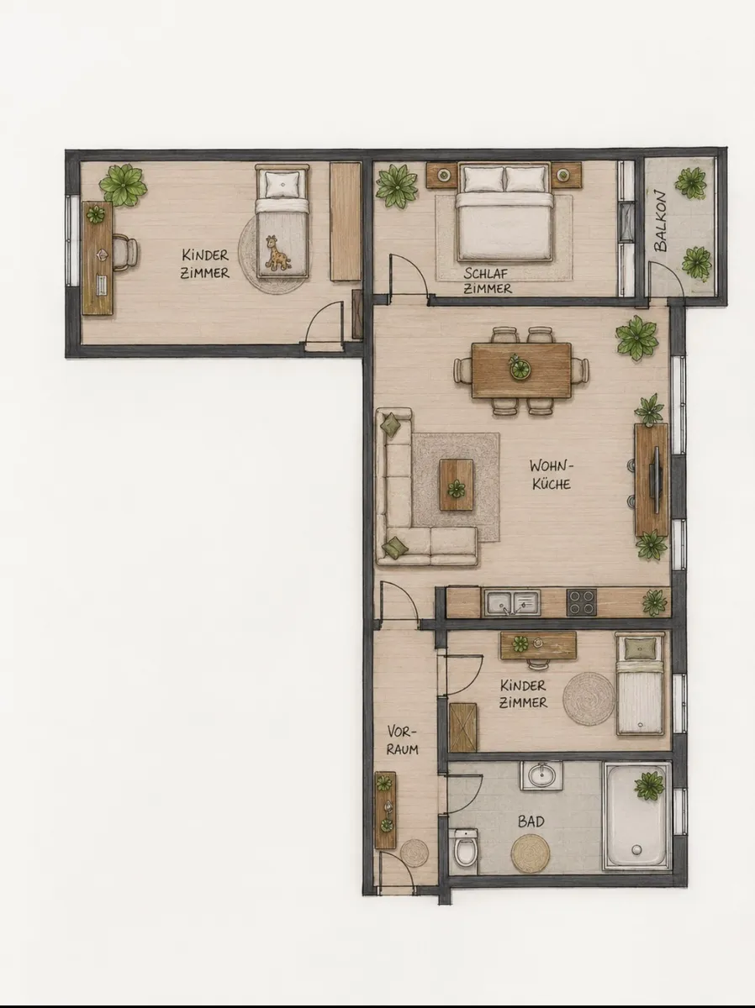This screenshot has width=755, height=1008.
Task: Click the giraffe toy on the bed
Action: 277,253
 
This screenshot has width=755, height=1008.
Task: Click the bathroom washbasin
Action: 541,775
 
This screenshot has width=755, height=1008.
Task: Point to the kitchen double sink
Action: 512,602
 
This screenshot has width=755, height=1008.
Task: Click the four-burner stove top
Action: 582,602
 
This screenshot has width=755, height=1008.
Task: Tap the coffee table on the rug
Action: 457,485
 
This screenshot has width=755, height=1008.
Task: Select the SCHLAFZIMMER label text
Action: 487,281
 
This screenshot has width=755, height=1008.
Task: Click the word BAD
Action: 531,822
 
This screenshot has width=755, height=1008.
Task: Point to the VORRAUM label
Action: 402,740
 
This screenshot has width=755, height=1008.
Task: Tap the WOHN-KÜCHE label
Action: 552,475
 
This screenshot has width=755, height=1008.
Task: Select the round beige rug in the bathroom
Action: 531,853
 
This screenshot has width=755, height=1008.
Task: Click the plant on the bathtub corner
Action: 649,786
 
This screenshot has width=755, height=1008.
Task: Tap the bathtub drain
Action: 636,849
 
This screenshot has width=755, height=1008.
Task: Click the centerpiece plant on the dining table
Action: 520,366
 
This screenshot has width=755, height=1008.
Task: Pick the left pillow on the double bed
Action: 483,179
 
